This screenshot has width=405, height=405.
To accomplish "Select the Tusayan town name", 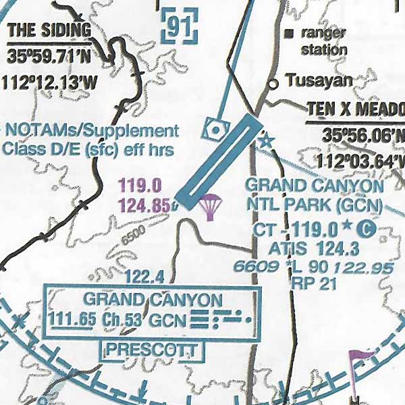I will (x=319, y=82).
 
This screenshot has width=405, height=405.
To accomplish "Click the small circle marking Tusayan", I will (x=273, y=84).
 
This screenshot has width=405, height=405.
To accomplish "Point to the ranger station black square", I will (x=290, y=32).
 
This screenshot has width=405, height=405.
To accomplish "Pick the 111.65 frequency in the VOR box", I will (x=71, y=320).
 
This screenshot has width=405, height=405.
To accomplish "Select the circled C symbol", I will (x=367, y=230).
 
